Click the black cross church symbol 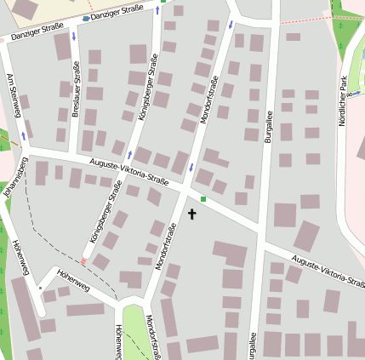click(x=191, y=213)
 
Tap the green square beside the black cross click(x=203, y=199)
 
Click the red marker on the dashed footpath click(x=83, y=261)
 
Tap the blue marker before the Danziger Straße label click(x=86, y=18)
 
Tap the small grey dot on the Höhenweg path click(x=40, y=288)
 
